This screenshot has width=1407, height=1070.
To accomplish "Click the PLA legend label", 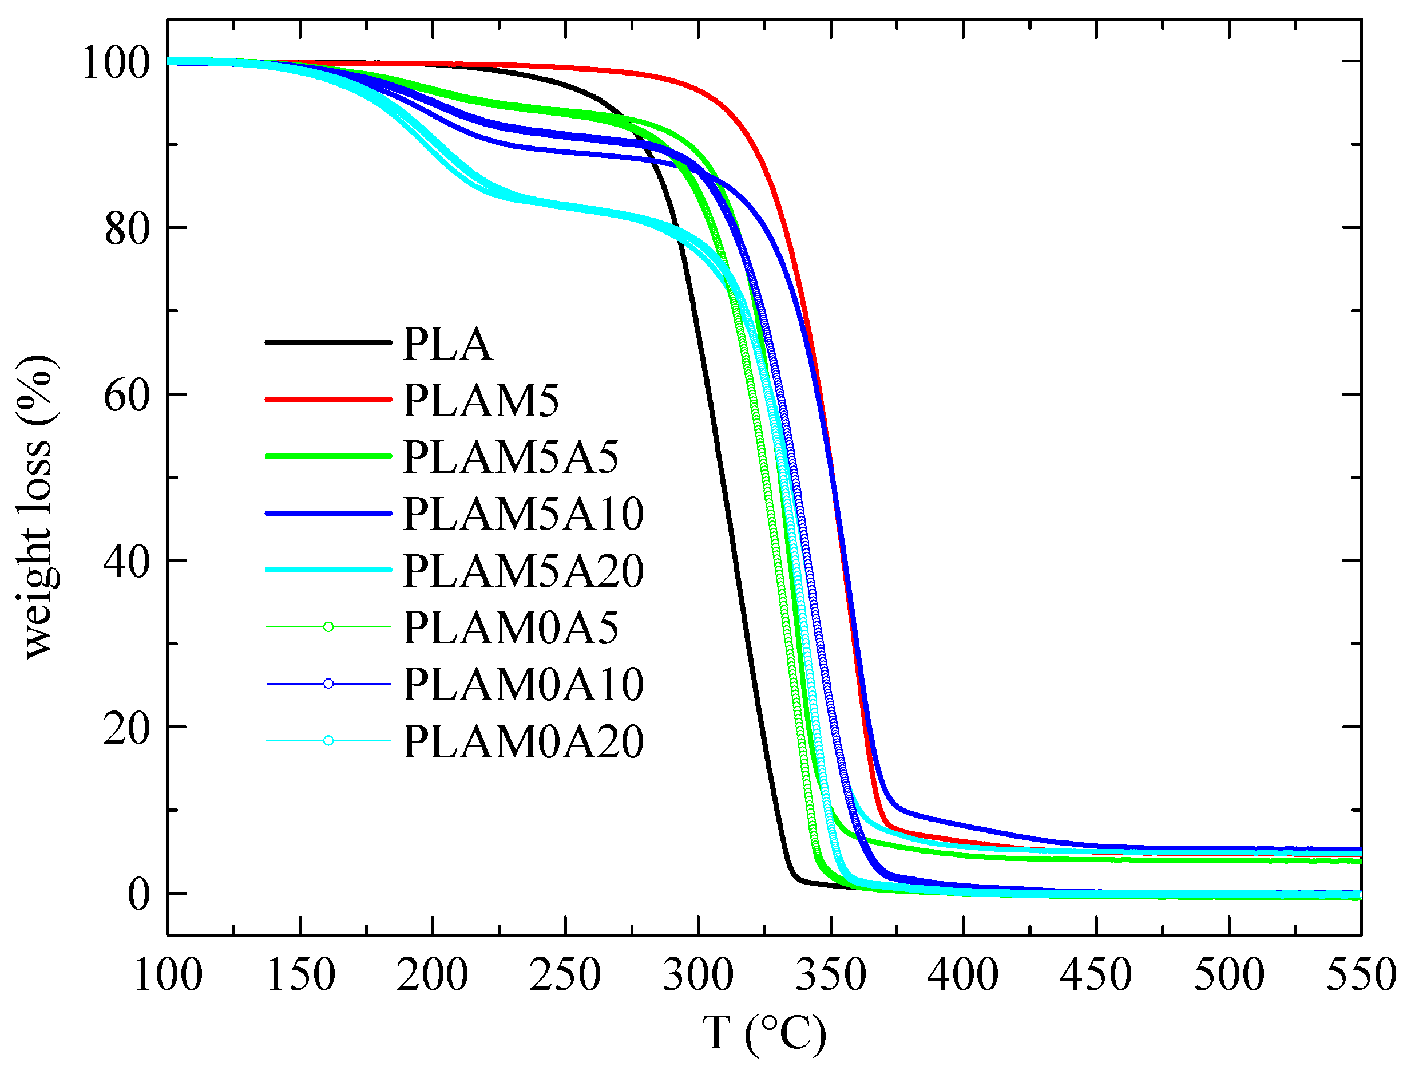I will click(447, 345).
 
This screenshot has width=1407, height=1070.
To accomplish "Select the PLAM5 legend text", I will click(481, 401).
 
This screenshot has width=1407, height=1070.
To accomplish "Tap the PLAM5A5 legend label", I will click(510, 457).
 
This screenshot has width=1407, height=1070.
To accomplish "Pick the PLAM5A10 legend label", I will click(524, 514).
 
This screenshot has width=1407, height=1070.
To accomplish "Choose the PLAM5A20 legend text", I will click(524, 571).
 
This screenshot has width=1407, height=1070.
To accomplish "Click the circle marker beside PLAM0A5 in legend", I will click(328, 627).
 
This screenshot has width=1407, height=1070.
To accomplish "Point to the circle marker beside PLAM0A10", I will click(328, 684).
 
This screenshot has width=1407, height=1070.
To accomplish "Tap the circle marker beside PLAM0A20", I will click(328, 741).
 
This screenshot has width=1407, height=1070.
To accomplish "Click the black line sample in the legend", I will click(328, 343).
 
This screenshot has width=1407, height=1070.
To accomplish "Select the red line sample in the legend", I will click(328, 400).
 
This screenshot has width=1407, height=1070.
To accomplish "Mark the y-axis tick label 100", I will click(116, 62).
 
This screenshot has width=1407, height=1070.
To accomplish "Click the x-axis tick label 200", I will click(433, 975).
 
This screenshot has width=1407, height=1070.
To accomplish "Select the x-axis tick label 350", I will click(830, 975).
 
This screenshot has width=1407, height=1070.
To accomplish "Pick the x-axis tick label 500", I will click(1228, 975).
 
